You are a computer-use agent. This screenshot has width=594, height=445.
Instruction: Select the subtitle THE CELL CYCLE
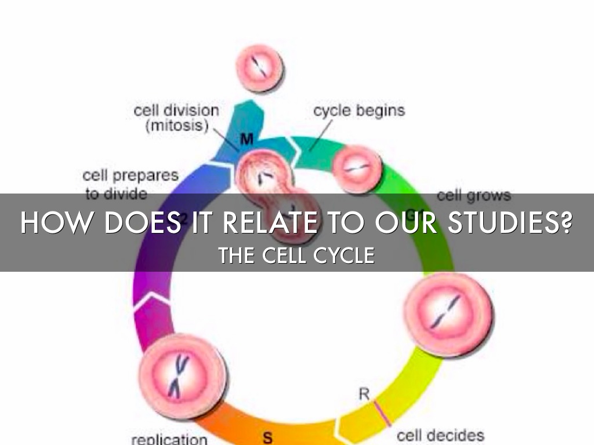296,255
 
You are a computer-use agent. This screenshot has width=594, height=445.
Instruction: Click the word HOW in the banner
50,222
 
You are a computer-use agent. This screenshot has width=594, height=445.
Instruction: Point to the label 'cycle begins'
359,110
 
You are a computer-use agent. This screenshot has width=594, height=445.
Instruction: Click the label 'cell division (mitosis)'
176,118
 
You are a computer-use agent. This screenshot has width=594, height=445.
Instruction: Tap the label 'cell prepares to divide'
130,184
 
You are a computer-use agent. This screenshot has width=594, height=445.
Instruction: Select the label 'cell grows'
473,195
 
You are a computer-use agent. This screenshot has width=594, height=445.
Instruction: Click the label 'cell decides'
440,435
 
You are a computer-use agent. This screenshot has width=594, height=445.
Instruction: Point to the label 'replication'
169,439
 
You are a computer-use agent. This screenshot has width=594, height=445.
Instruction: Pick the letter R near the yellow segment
364,394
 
